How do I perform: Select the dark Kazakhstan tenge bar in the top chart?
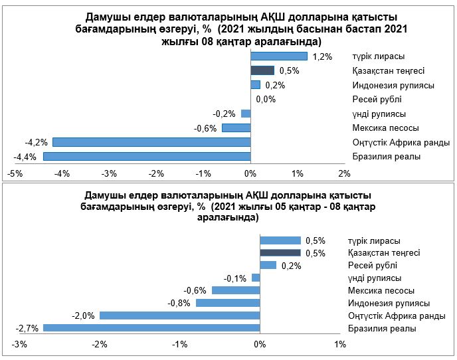pyautogui.click(x=262, y=70)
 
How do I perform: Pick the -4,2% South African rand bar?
pyautogui.click(x=151, y=142)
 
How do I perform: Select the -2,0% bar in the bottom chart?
pyautogui.click(x=179, y=315)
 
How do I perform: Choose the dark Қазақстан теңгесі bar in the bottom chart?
pyautogui.click(x=280, y=253)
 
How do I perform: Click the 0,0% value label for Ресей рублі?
pyautogui.click(x=265, y=100)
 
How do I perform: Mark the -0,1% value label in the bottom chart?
pyautogui.click(x=236, y=278)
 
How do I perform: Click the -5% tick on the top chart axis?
pyautogui.click(x=15, y=173)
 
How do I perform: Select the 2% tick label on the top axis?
pyautogui.click(x=344, y=173)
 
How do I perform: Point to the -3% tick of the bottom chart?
pyautogui.click(x=20, y=345)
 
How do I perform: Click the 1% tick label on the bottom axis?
pyautogui.click(x=340, y=345)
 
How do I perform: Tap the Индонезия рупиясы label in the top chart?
pyautogui.click(x=393, y=85)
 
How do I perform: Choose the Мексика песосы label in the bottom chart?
pyautogui.click(x=381, y=290)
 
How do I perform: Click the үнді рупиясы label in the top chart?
pyautogui.click(x=379, y=114)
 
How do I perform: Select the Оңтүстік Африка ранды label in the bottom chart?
pyautogui.click(x=397, y=315)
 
